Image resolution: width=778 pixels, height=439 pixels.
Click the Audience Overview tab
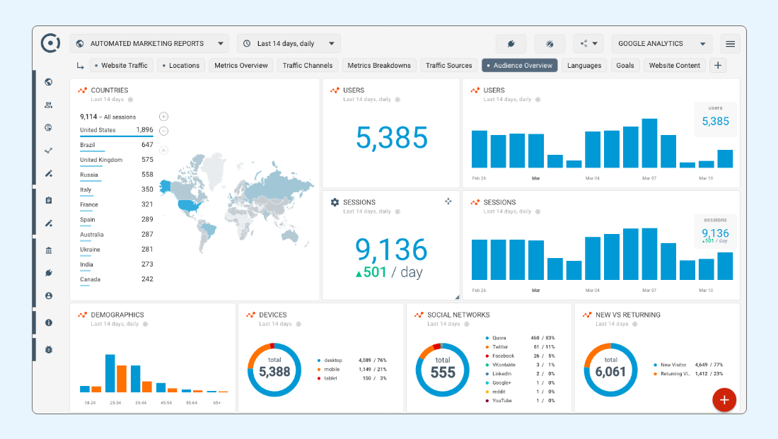pyautogui.click(x=520, y=66)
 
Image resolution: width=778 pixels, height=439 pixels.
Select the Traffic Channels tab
pyautogui.click(x=307, y=66)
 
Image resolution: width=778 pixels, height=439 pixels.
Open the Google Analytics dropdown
pyautogui.click(x=661, y=44)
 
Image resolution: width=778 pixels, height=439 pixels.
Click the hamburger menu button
pyautogui.click(x=730, y=44)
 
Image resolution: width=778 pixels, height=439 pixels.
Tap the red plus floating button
pyautogui.click(x=724, y=399)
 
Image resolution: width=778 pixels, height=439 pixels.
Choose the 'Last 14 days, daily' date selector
pyautogui.click(x=289, y=44)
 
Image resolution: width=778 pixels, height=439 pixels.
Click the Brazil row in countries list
pyautogui.click(x=88, y=145)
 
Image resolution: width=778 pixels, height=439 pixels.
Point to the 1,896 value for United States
pyautogui.click(x=144, y=130)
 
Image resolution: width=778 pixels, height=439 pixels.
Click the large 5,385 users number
pyautogui.click(x=392, y=138)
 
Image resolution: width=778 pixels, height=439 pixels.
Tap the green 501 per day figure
pyautogui.click(x=371, y=272)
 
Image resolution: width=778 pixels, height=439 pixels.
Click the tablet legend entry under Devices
pyautogui.click(x=330, y=378)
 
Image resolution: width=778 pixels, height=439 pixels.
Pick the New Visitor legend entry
pyautogui.click(x=674, y=365)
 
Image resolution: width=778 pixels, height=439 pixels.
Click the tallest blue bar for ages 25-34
pyautogui.click(x=110, y=373)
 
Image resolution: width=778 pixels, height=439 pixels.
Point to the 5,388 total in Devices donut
pyautogui.click(x=274, y=371)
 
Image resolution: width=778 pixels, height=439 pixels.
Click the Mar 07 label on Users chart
pyautogui.click(x=649, y=178)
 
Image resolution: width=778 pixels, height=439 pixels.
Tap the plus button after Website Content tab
pyautogui.click(x=717, y=66)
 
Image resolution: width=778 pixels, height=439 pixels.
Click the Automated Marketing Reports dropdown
pyautogui.click(x=149, y=44)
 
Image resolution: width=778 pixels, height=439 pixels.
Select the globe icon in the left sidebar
pyautogui.click(x=49, y=82)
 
